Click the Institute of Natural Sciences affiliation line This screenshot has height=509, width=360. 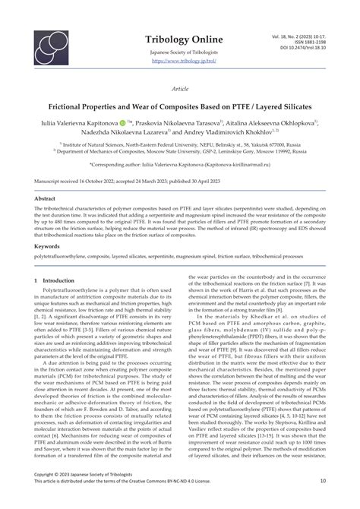[x=180, y=144]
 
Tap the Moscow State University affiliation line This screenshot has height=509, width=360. [x=180, y=150]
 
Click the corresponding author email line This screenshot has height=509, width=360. [x=180, y=163]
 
